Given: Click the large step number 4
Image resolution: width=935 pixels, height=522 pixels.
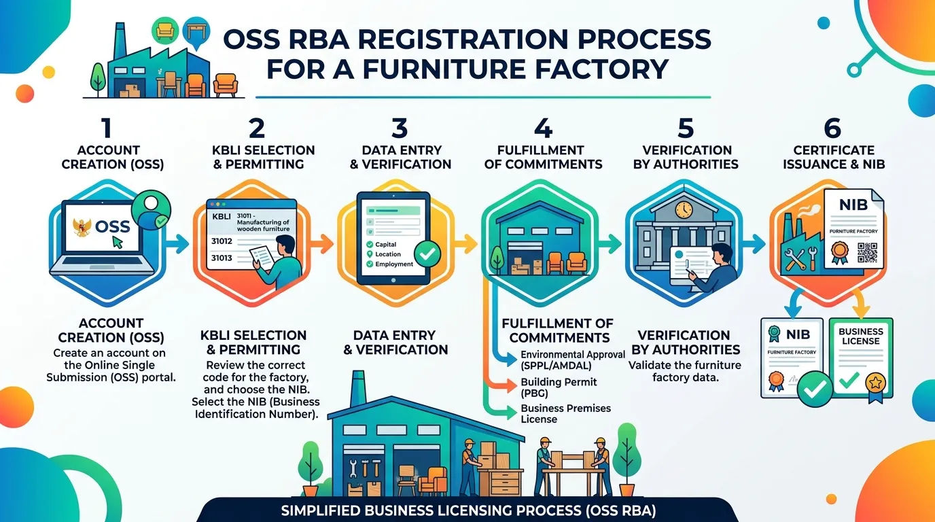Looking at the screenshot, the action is click(x=543, y=128).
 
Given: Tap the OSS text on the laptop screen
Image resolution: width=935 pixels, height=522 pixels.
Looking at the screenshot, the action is click(x=112, y=227).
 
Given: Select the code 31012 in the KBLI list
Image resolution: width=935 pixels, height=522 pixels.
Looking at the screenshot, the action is click(x=222, y=241).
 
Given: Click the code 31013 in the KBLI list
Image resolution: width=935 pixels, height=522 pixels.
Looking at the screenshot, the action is click(x=222, y=258).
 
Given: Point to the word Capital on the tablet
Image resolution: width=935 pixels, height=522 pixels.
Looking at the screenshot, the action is click(x=386, y=244).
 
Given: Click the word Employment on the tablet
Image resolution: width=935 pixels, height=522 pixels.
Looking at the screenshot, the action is click(x=394, y=264).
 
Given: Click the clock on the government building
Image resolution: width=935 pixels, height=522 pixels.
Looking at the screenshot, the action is click(x=684, y=209).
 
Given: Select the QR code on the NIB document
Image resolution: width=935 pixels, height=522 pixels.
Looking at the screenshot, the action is click(x=867, y=253).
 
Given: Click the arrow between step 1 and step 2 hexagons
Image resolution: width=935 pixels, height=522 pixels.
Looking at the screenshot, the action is click(x=177, y=244).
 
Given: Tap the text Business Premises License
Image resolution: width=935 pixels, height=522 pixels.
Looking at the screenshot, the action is click(x=565, y=413).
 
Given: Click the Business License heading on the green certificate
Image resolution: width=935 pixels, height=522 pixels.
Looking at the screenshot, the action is click(x=861, y=336).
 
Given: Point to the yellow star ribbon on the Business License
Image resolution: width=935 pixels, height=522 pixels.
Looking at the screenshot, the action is click(x=875, y=387).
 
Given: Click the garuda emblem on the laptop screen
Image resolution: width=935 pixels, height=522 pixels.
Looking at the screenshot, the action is click(x=83, y=227).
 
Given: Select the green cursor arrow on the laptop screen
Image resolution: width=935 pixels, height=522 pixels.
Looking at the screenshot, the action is click(x=118, y=242).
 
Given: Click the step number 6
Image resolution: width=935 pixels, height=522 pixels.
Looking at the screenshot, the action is click(x=832, y=128).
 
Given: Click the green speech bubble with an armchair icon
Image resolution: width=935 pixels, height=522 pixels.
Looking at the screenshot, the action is click(x=165, y=31).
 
